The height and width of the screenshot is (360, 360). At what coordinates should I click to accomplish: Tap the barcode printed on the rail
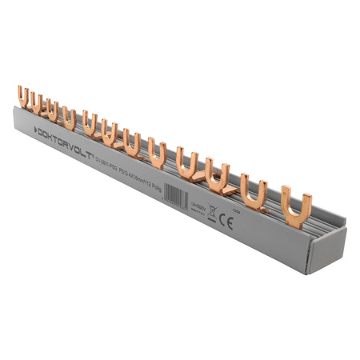click(174, 195)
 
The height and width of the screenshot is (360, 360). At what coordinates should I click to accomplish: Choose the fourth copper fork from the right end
click(188, 159)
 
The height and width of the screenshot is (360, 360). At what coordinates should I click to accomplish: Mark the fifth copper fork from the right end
click(158, 151)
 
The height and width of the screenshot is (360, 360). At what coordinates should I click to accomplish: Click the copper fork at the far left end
click(25, 99)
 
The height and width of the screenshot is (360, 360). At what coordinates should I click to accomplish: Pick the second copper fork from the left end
click(37, 104)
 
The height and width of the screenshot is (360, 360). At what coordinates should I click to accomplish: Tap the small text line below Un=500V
click(197, 212)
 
